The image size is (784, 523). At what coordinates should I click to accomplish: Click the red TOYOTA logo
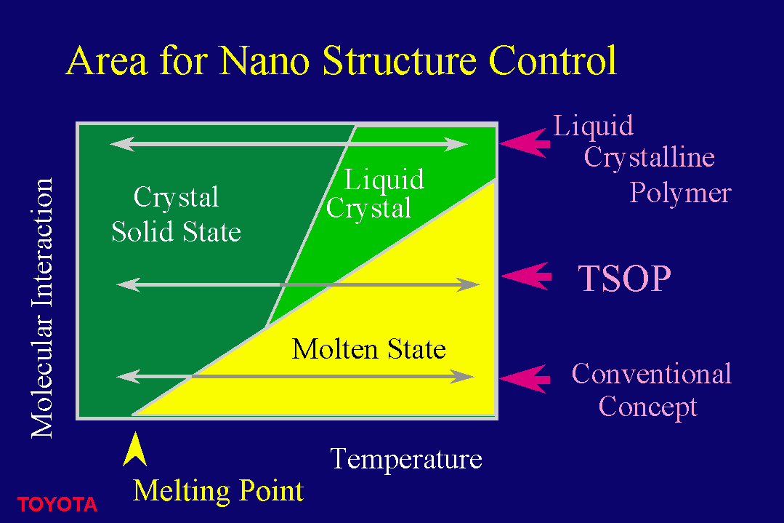(x=57, y=504)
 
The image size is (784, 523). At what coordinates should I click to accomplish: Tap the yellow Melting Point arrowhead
(x=134, y=449)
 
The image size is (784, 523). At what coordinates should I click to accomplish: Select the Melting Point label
(x=218, y=491)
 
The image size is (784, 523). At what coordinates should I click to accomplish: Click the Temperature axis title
(x=406, y=459)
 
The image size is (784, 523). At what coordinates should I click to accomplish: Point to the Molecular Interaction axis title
(x=42, y=308)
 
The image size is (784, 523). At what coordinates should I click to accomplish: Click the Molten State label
(x=368, y=349)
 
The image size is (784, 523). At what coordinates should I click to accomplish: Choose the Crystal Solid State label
(x=176, y=214)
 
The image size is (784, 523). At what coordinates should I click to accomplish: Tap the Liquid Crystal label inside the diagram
(x=375, y=193)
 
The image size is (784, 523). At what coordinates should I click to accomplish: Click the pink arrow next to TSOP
(x=526, y=276)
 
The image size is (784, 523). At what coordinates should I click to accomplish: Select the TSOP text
(x=624, y=279)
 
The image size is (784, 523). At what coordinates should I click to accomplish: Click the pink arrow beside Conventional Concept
(x=525, y=380)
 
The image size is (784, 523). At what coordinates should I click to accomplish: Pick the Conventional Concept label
(x=652, y=390)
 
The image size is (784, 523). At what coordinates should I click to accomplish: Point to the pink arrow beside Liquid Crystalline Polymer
(x=525, y=143)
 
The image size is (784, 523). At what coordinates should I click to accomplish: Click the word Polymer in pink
(x=680, y=193)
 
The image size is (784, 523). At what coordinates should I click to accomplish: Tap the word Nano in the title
(x=264, y=61)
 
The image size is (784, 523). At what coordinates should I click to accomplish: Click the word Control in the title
(x=552, y=60)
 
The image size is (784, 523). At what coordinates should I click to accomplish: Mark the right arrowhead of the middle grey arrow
(x=469, y=284)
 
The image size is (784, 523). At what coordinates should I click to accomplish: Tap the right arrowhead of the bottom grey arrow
(x=463, y=376)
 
